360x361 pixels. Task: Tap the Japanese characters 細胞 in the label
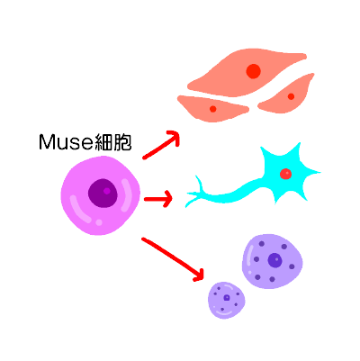point(112,142)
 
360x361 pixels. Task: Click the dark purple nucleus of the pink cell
point(103,194)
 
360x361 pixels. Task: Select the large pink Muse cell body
point(101,195)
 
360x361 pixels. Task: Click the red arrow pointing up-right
point(161,145)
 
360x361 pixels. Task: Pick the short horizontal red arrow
point(158,199)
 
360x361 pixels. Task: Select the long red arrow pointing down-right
point(173,259)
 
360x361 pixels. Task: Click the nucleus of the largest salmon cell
point(253,71)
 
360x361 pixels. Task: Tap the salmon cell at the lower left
point(212,109)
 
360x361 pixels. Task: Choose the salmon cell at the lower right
point(286,95)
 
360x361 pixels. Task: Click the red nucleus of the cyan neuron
point(285,174)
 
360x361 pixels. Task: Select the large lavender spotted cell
point(273,261)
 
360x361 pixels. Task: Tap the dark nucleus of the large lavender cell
point(274,260)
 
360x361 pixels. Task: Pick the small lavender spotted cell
point(227,300)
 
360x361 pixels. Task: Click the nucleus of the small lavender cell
point(227,298)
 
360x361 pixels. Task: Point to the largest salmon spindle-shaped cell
point(246,73)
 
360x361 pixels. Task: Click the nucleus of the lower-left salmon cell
point(213,109)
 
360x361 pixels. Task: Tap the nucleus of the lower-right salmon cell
point(291,96)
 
